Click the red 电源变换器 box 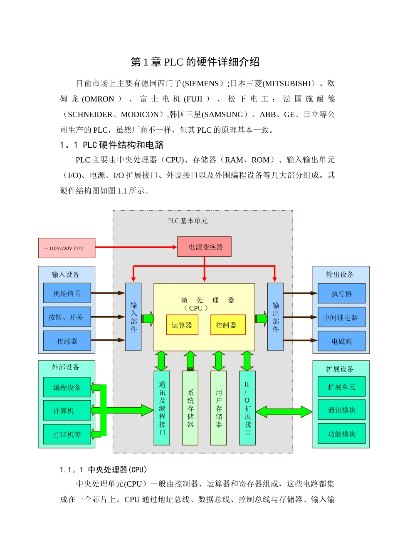point(204,247)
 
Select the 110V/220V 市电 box point(67,248)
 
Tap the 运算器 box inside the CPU point(182,325)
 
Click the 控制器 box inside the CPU point(228,325)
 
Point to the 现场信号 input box point(67,293)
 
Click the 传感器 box point(67,341)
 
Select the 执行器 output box point(341,293)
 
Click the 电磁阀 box point(341,341)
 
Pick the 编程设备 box point(67,387)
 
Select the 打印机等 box point(67,434)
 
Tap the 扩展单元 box point(341,387)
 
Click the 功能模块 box point(341,434)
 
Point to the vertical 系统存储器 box point(190,408)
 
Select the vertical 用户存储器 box point(219,408)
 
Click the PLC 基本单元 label point(188,221)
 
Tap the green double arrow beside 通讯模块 point(284,412)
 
